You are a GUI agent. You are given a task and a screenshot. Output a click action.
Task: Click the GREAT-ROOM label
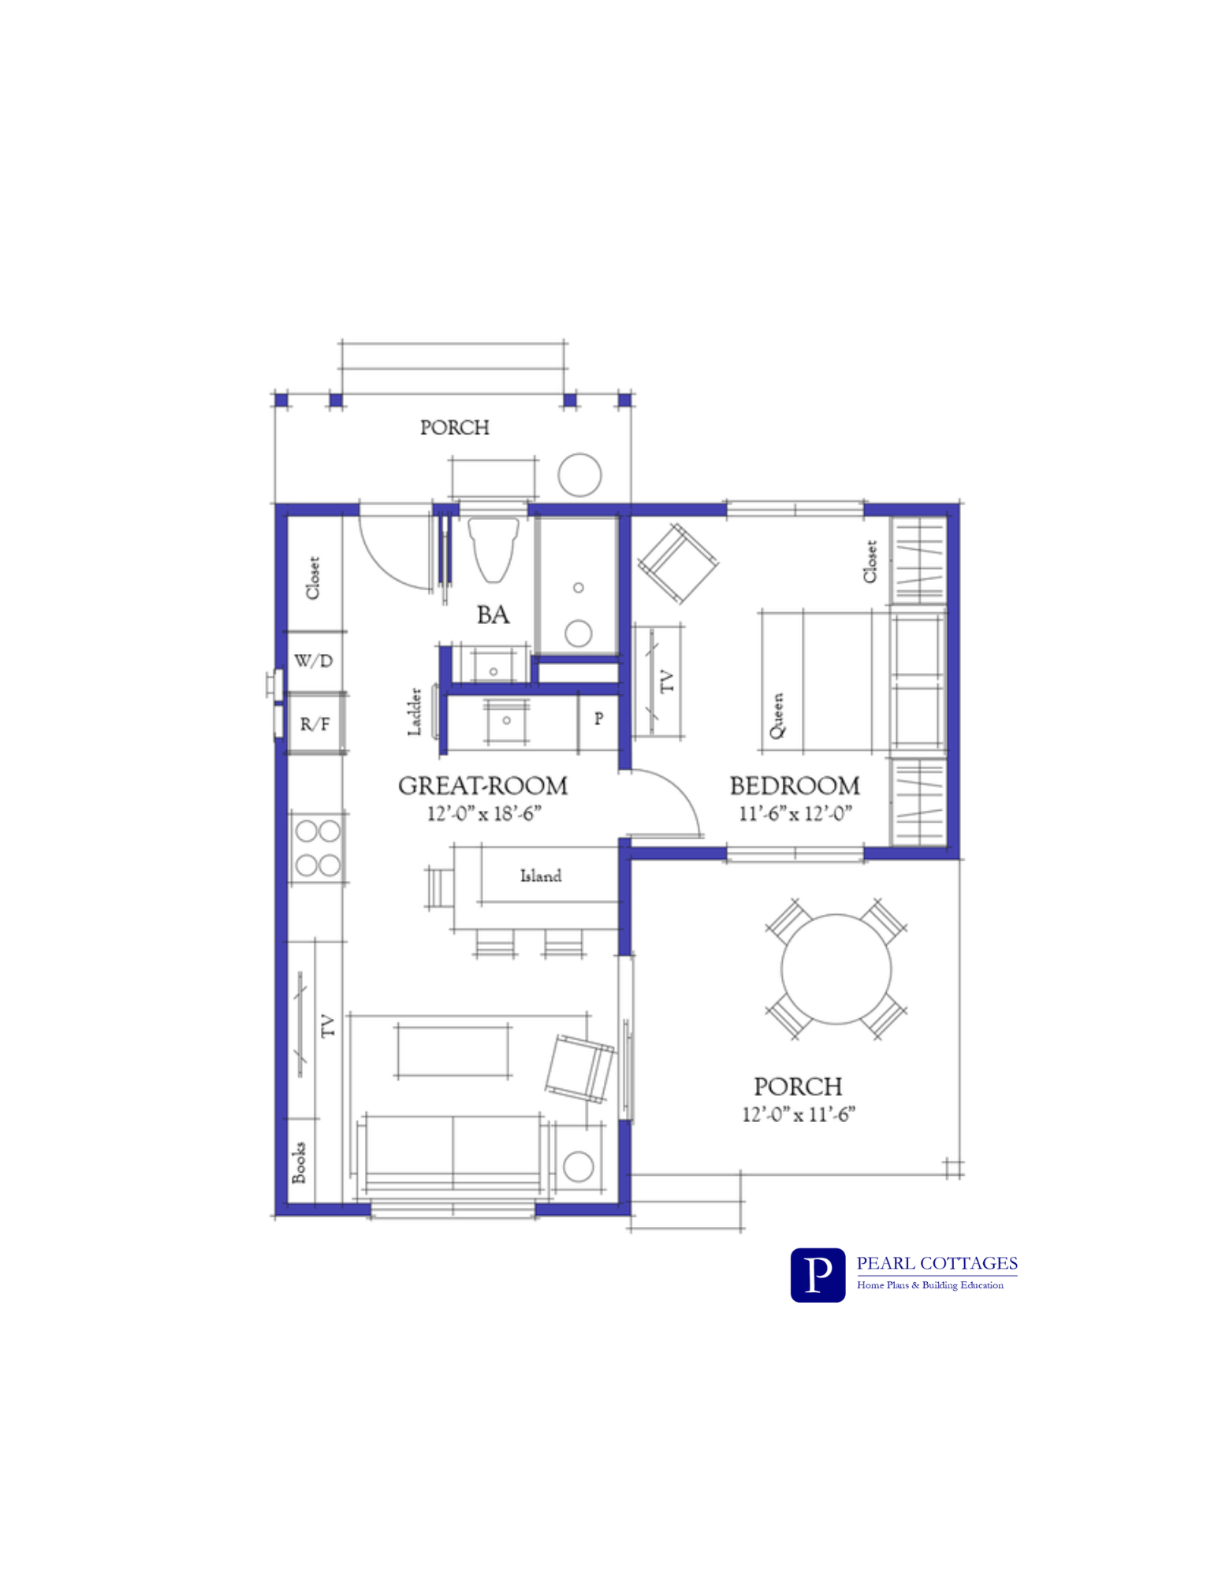click(482, 786)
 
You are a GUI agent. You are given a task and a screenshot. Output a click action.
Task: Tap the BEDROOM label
click(795, 786)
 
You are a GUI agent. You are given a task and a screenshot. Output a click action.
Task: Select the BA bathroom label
click(493, 615)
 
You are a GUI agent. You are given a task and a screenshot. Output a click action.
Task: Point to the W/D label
click(314, 660)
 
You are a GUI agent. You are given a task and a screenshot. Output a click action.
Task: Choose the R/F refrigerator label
click(315, 723)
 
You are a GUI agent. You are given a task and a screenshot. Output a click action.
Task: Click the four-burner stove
click(318, 848)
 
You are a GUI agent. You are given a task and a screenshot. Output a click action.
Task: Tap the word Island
click(541, 875)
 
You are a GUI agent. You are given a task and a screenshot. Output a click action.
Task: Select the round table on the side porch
click(836, 968)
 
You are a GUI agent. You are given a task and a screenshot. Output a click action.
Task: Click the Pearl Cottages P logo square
click(818, 1274)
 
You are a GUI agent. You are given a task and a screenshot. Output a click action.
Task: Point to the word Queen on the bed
click(777, 716)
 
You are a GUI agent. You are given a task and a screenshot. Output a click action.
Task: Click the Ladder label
click(415, 712)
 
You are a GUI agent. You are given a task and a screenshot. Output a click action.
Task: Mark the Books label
click(299, 1162)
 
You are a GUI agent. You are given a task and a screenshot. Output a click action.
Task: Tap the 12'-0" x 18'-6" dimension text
click(484, 813)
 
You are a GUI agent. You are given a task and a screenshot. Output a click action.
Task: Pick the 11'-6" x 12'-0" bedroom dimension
click(795, 813)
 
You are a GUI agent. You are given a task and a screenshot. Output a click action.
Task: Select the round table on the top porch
click(579, 474)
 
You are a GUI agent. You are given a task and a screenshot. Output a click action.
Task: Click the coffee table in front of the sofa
click(453, 1050)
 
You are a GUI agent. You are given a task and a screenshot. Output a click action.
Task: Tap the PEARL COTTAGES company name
click(937, 1263)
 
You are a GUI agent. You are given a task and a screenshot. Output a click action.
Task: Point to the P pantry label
click(599, 718)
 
